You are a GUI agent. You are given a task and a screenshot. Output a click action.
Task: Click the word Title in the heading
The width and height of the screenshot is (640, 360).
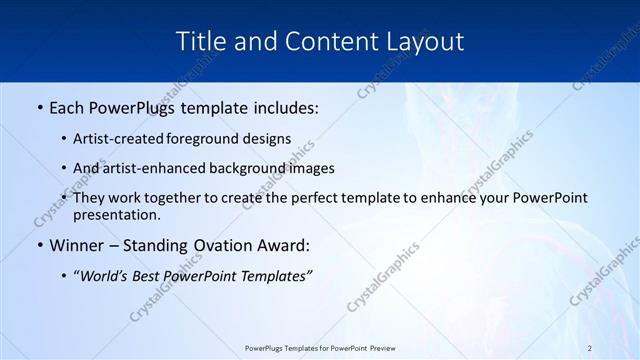pyautogui.click(x=200, y=41)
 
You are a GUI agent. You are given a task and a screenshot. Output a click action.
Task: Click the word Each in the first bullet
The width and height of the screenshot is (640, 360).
pyautogui.click(x=69, y=105)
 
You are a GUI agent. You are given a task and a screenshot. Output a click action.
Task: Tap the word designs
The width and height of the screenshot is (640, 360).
pyautogui.click(x=269, y=139)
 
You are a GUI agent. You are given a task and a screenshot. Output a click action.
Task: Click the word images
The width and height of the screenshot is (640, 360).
pyautogui.click(x=310, y=169)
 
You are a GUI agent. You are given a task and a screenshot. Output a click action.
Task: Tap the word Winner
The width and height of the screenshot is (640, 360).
pyautogui.click(x=76, y=245)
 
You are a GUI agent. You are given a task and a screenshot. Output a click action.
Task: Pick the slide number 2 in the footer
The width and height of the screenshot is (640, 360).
pyautogui.click(x=590, y=348)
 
